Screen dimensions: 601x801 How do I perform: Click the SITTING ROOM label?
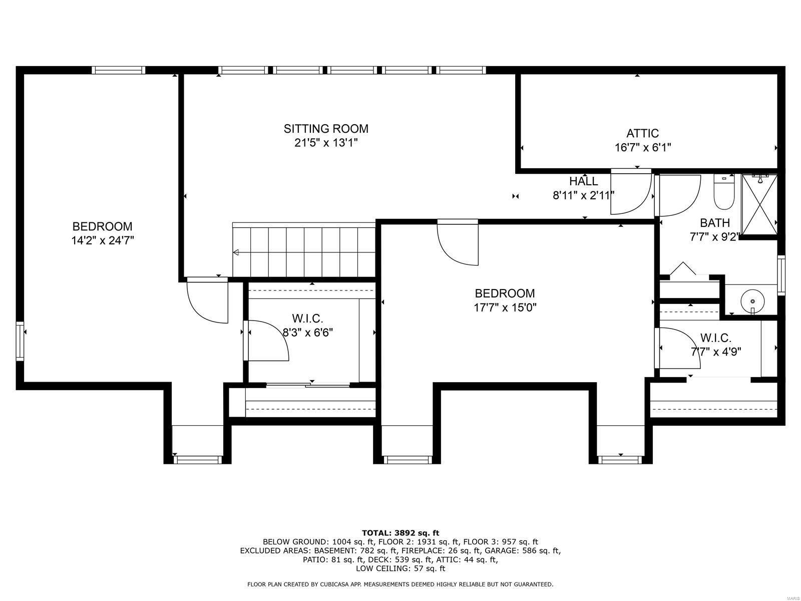click(x=326, y=129)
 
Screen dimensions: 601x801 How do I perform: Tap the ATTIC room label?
click(x=642, y=133)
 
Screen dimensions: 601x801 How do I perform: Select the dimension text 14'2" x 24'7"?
click(x=102, y=240)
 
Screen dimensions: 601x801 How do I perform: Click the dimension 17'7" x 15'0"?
click(x=505, y=308)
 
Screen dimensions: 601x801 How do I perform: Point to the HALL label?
click(x=583, y=181)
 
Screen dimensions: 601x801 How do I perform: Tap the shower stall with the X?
click(x=759, y=204)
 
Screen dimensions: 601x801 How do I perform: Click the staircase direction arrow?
click(x=236, y=252)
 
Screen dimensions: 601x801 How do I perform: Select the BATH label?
click(x=714, y=223)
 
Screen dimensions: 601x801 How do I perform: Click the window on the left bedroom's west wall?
click(x=20, y=341)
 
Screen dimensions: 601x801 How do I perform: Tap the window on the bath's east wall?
click(x=780, y=274)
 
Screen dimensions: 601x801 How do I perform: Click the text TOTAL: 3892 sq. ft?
click(x=400, y=533)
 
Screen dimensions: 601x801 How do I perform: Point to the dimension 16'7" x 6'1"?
click(x=642, y=148)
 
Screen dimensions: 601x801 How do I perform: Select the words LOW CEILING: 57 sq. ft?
click(x=400, y=568)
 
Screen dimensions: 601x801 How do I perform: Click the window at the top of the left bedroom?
click(x=119, y=70)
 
